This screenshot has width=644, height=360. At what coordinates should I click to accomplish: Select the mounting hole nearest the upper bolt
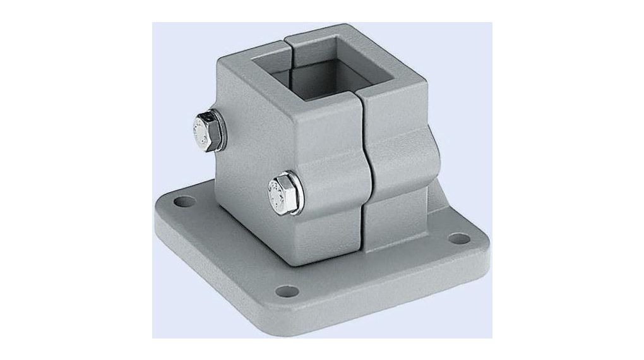pyautogui.click(x=182, y=204)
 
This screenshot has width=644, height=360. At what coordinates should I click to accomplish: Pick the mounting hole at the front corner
pyautogui.click(x=288, y=291)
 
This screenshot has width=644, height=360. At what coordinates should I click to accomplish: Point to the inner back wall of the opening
pyautogui.click(x=322, y=63)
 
